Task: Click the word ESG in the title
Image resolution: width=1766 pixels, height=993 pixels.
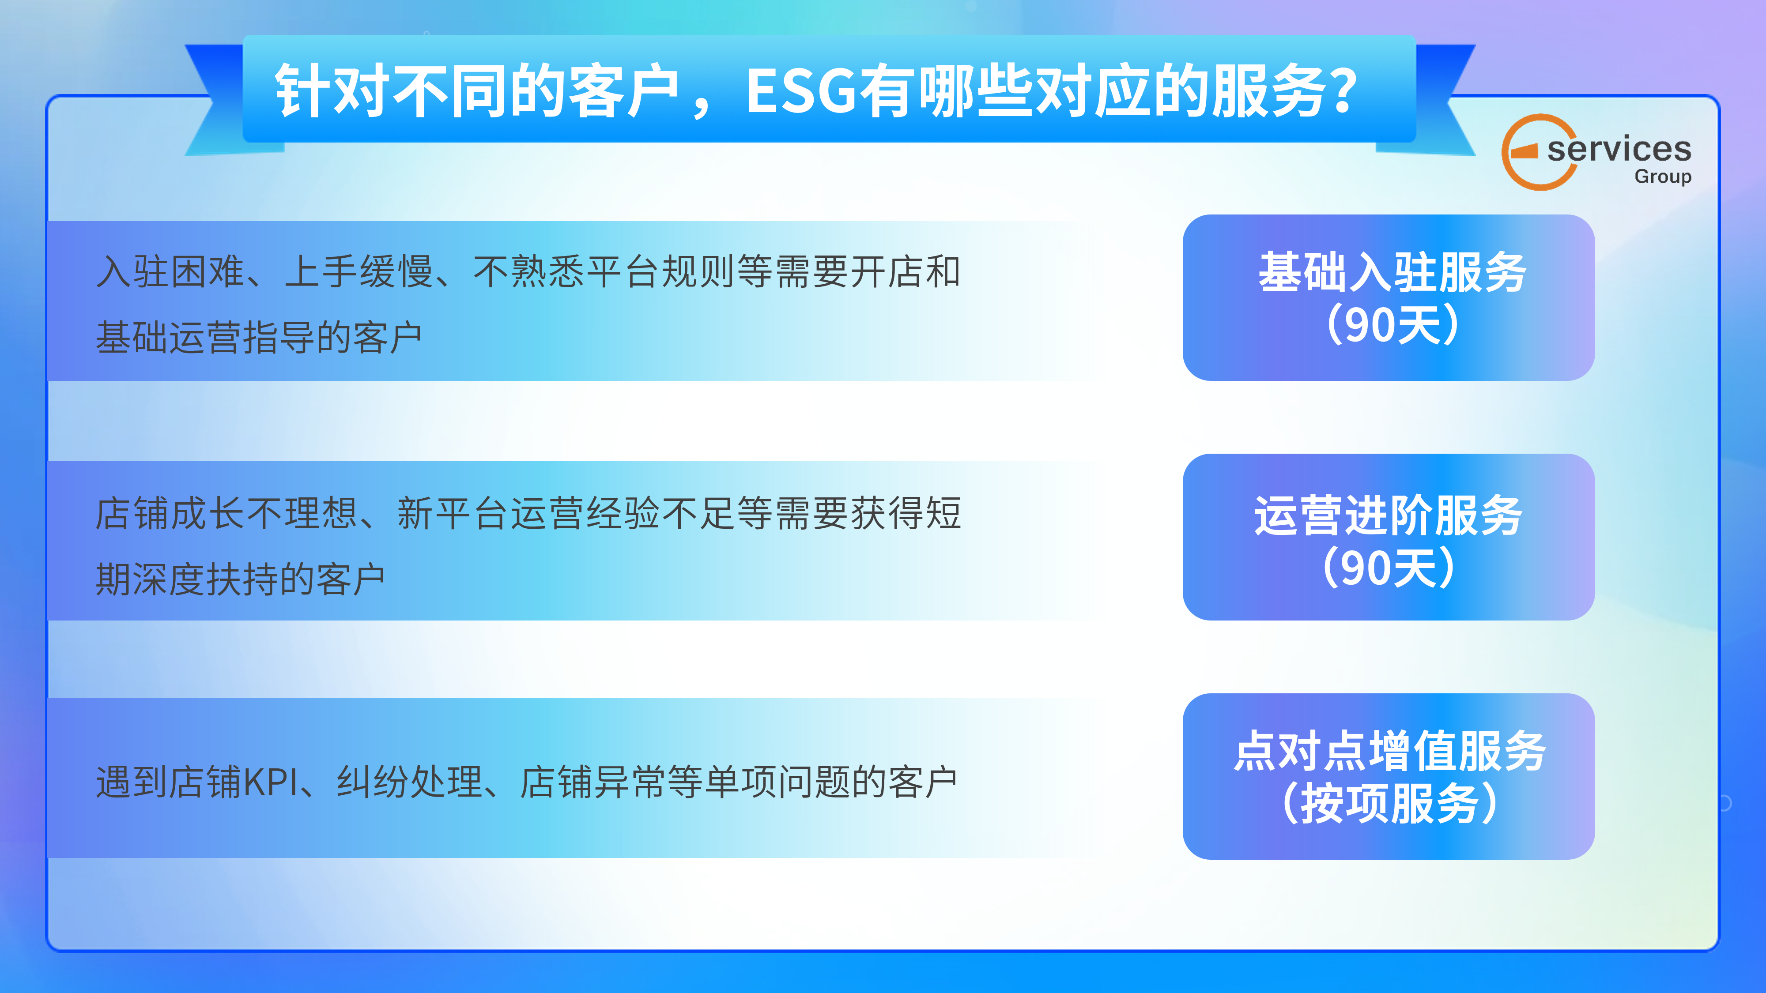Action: coord(801,91)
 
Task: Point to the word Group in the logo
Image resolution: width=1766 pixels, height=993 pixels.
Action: coord(1663,177)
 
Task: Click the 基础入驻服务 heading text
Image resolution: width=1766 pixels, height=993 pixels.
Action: coord(1392,272)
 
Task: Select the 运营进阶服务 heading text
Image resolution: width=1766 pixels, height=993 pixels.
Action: coord(1388,515)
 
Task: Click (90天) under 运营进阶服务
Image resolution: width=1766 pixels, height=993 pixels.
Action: coord(1388,568)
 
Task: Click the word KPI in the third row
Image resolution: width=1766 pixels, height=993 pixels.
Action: coord(271,782)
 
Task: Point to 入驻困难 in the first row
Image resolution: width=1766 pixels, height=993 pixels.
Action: coord(170,271)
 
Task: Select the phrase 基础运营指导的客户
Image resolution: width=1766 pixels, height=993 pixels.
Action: coord(258,337)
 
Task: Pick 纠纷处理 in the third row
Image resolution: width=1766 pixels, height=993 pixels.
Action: coord(409,782)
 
